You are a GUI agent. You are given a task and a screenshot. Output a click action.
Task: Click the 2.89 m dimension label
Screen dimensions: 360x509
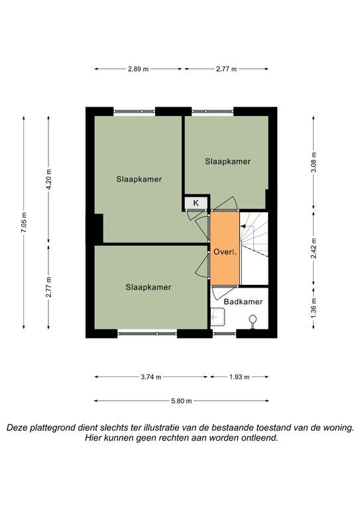pos(139,69)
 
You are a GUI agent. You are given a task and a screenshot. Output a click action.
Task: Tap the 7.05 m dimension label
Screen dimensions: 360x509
pos(24,223)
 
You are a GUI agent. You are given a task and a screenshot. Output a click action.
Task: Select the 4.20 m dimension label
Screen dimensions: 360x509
pos(48,180)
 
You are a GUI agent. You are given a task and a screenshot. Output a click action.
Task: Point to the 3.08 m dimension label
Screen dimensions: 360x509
pos(314,163)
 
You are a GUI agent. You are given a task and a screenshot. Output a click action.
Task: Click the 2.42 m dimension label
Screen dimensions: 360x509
pos(314,249)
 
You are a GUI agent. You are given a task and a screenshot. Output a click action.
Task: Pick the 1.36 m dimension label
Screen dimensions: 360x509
pos(314,308)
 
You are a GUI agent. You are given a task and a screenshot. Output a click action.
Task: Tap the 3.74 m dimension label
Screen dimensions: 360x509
pos(151,377)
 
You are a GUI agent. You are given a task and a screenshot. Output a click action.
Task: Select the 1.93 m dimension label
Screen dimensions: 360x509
pos(239,377)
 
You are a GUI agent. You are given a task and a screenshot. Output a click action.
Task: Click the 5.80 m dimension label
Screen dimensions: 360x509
pos(182,401)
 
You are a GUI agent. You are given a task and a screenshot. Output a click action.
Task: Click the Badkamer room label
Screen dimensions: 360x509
pos(243,302)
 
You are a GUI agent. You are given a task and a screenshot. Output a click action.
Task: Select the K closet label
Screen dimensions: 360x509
pos(196,203)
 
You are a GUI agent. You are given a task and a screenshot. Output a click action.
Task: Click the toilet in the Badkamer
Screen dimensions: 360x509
pos(253,320)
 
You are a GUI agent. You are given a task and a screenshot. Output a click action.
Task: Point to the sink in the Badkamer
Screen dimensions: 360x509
pos(217,317)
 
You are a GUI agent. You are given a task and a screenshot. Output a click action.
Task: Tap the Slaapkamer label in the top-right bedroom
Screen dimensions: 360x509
pos(228,161)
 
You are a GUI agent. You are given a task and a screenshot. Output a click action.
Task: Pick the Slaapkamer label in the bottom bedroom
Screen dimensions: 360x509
pos(149,287)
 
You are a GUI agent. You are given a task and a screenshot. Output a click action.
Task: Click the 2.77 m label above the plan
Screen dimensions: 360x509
pos(226,69)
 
